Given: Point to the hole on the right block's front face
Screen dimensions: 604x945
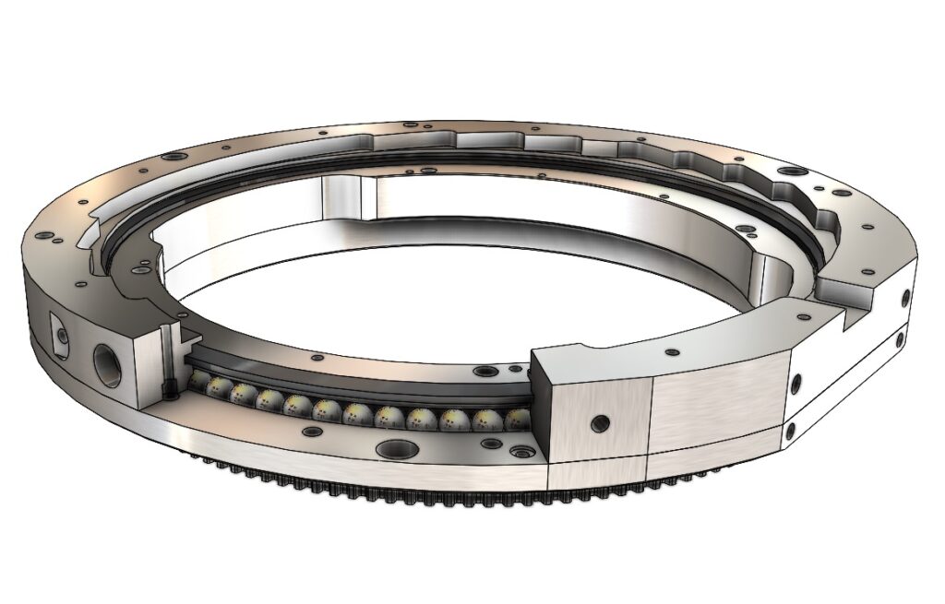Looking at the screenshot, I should pos(600,423).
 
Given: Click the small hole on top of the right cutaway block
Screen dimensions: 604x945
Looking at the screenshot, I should pos(671,351).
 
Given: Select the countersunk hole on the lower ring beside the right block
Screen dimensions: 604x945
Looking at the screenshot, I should pos(522,453).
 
